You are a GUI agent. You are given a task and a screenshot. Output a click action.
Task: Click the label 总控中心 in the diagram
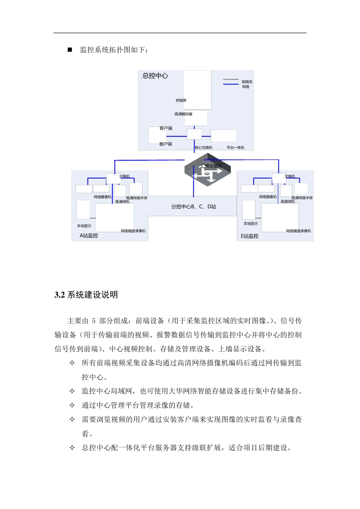(x=155, y=76)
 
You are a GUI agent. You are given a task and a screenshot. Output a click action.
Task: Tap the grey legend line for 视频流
(x=231, y=80)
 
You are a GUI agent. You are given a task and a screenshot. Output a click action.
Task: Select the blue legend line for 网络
(x=231, y=84)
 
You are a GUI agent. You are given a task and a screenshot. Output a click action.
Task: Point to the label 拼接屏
(x=181, y=101)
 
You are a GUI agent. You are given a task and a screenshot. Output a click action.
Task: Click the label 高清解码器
(x=183, y=114)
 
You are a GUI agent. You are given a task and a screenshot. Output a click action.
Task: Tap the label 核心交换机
(x=203, y=148)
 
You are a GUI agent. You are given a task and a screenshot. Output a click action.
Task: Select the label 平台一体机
(x=235, y=148)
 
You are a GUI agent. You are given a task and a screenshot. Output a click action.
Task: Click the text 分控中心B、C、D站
(x=194, y=207)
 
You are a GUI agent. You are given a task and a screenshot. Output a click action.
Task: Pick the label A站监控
(x=89, y=236)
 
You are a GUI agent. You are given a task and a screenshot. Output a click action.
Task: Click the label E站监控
(x=250, y=236)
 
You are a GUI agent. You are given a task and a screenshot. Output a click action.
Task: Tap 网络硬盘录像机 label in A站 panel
(x=133, y=231)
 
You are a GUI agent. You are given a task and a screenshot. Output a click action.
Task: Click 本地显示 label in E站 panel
(x=250, y=224)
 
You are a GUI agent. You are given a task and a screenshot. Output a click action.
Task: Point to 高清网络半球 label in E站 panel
(x=302, y=198)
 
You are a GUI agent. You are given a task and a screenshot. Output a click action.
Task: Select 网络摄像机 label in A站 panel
(x=103, y=197)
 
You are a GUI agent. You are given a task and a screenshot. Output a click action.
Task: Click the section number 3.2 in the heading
(x=60, y=295)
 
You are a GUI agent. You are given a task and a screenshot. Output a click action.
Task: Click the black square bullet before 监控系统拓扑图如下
(x=70, y=50)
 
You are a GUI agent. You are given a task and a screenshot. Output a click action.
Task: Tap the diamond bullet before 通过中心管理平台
(x=72, y=406)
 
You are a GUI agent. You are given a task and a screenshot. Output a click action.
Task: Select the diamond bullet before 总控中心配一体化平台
(x=72, y=448)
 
